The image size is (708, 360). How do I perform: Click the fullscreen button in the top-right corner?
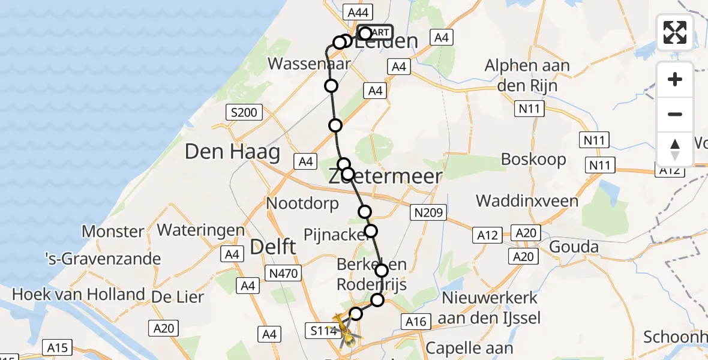[x=675, y=32]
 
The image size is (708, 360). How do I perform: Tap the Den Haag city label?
[x=232, y=151]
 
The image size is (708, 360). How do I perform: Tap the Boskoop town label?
[x=533, y=160]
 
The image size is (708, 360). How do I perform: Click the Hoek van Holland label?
[x=79, y=294]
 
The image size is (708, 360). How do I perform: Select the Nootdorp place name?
[x=302, y=203]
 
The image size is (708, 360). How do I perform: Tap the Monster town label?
[x=113, y=231]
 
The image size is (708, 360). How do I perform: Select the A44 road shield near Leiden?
[x=358, y=11]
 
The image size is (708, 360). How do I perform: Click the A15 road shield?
[x=58, y=347]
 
